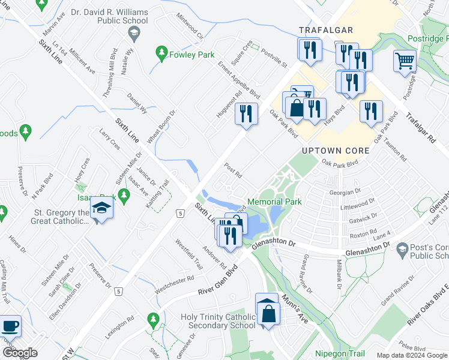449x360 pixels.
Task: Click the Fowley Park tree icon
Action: click(161, 53)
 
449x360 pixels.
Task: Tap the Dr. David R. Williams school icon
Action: click(135, 33)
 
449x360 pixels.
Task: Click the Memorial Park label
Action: click(274, 202)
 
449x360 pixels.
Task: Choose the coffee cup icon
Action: click(10, 326)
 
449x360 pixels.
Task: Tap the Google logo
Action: click(19, 353)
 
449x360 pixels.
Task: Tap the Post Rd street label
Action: click(232, 171)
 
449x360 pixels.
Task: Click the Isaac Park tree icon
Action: click(124, 194)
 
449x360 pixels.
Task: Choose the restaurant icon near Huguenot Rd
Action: click(246, 113)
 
